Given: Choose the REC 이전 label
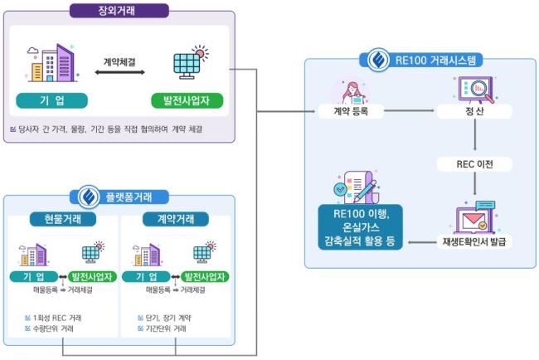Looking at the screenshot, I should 474,163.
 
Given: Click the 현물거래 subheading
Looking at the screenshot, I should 62,219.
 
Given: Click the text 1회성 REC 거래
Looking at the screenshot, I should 58,318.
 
